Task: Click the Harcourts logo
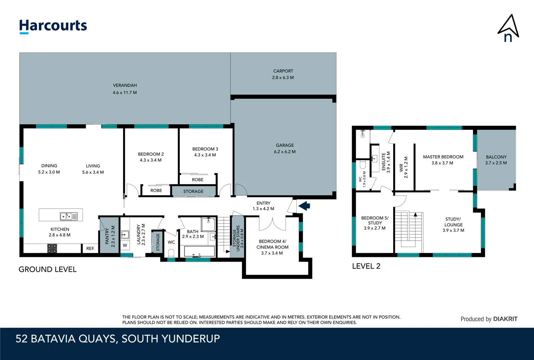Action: tap(53, 26)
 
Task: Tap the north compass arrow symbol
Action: tap(508, 29)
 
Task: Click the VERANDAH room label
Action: tap(125, 85)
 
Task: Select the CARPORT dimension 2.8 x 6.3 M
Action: tap(283, 78)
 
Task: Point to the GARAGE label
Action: tap(285, 145)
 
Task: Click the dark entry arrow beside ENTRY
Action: tap(304, 206)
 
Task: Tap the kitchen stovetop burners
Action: tap(52, 248)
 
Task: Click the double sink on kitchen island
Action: tap(69, 217)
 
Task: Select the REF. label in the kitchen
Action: tap(90, 249)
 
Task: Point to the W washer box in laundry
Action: tap(125, 245)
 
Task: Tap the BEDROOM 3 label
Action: tap(205, 149)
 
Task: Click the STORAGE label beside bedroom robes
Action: tap(193, 191)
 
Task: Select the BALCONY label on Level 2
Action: tap(496, 157)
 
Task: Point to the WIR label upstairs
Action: tap(401, 167)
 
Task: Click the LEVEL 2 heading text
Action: tap(366, 266)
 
